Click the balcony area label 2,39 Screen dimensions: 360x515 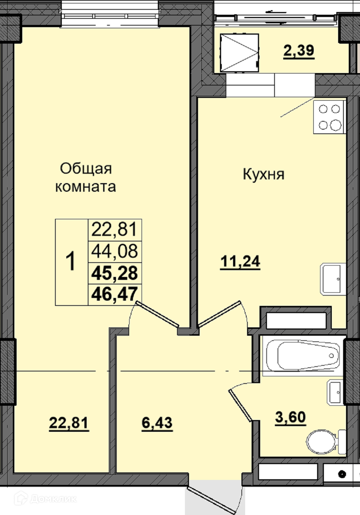tap(299, 51)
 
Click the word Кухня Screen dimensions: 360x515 tap(264, 174)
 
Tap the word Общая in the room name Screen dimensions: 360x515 tap(86, 169)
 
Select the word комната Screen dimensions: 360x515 tap(85, 187)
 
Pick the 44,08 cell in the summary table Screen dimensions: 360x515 tap(115, 252)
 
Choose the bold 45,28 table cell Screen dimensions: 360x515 tap(115, 273)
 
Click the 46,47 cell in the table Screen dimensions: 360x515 tap(115, 295)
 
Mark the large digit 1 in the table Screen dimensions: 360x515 tap(70, 261)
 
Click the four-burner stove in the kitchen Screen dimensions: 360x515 tap(329, 117)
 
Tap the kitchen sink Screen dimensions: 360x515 tap(333, 279)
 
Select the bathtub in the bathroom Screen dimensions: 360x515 tap(303, 355)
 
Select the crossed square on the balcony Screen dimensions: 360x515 tap(239, 53)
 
